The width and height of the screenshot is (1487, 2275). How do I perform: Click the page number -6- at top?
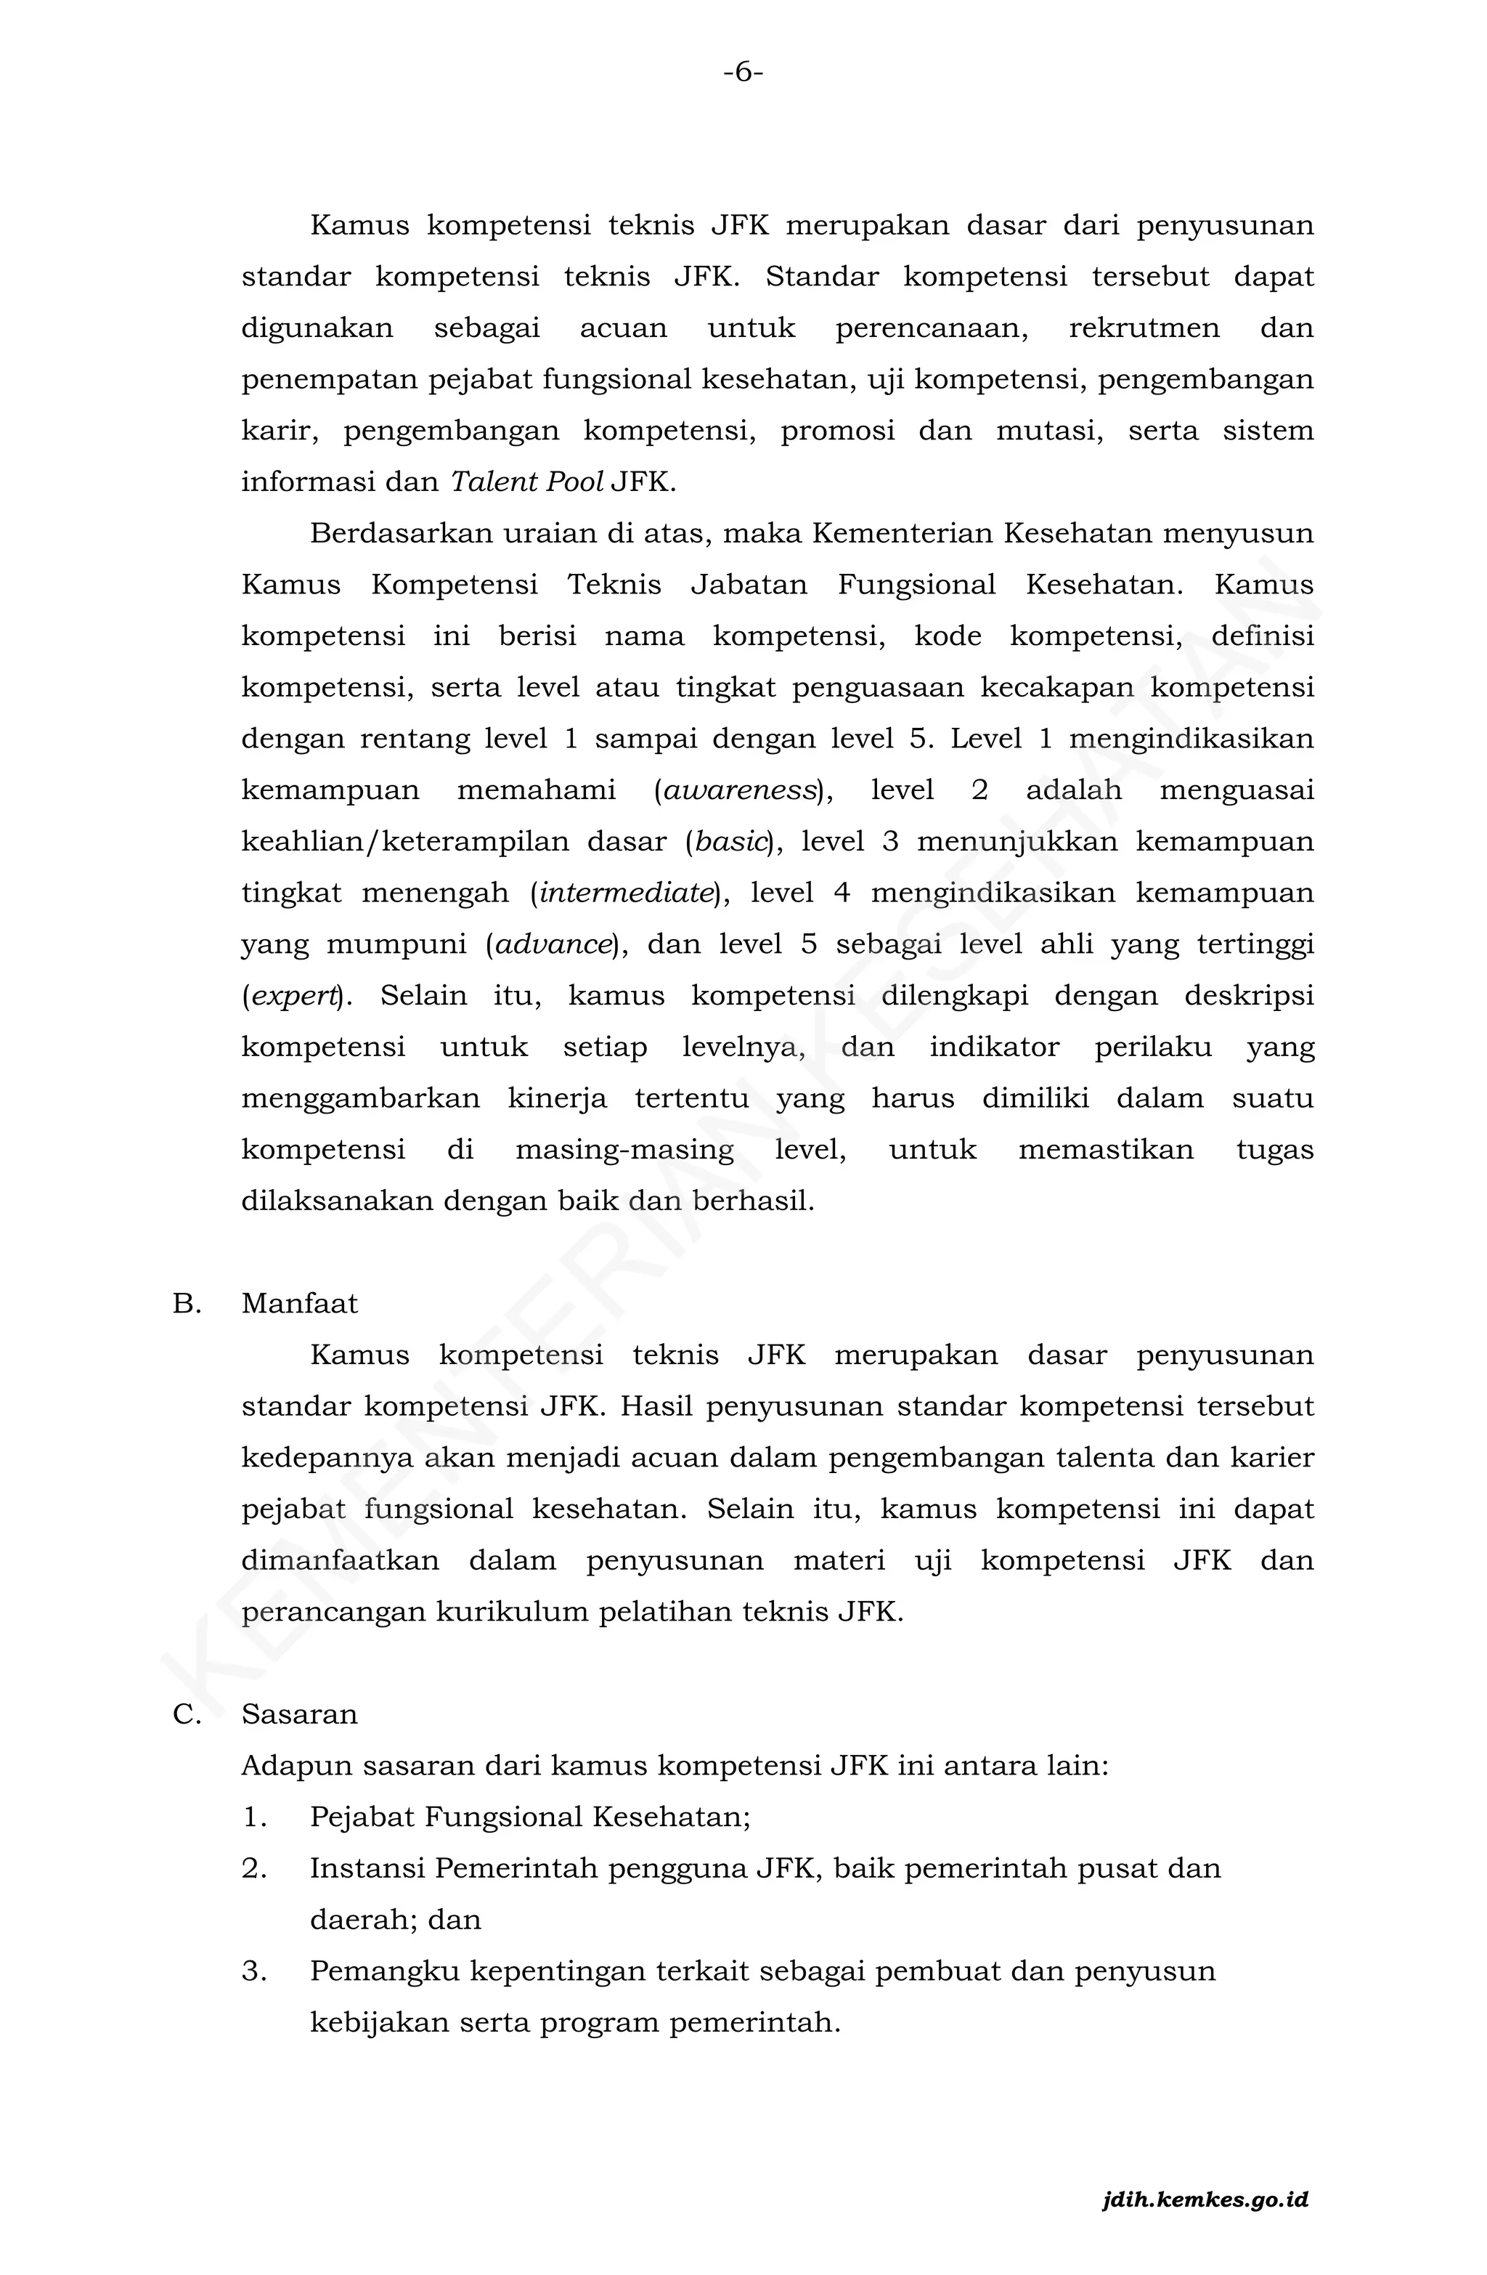click(743, 73)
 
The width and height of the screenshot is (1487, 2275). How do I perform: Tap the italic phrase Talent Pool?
click(526, 482)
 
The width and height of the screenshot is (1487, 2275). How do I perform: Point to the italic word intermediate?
click(626, 893)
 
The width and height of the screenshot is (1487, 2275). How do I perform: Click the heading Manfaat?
click(299, 1304)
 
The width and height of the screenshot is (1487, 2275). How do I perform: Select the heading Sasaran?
click(299, 1715)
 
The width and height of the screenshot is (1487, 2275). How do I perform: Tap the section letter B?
click(187, 1304)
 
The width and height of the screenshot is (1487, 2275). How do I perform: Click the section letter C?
click(187, 1715)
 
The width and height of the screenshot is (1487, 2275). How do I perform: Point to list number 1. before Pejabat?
click(254, 1817)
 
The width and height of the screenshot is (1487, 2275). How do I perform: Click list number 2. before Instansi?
click(254, 1869)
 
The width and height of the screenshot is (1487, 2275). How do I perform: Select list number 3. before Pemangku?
click(254, 1971)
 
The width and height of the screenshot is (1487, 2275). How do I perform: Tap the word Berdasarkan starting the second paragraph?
click(399, 533)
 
